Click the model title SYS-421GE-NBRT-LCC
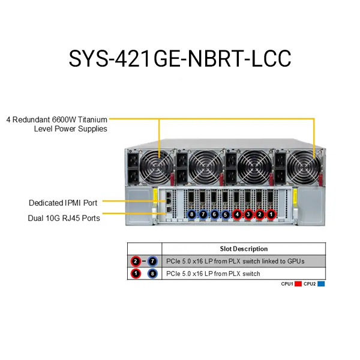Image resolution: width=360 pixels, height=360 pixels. click(x=179, y=58)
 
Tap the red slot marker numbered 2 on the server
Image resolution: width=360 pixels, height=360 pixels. click(x=260, y=214)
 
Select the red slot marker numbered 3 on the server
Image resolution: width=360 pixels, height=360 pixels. click(x=248, y=214)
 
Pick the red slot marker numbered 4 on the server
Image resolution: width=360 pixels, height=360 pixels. click(x=237, y=214)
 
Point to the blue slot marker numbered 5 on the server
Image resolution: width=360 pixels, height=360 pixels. click(x=226, y=214)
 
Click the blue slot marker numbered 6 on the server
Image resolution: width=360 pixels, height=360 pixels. click(x=214, y=214)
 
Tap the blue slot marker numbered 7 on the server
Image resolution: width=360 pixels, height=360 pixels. click(x=203, y=214)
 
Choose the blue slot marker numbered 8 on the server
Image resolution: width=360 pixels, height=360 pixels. click(x=192, y=214)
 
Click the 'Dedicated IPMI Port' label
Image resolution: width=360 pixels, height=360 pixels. click(x=63, y=203)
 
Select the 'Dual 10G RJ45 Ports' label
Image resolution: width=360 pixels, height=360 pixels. click(x=64, y=218)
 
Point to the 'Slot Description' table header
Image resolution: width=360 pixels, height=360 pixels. click(x=244, y=248)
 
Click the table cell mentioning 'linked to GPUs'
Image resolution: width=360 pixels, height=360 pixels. click(x=235, y=261)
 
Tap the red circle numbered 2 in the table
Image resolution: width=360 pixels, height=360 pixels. click(x=136, y=261)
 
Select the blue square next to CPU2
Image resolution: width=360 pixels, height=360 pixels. click(x=322, y=283)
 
